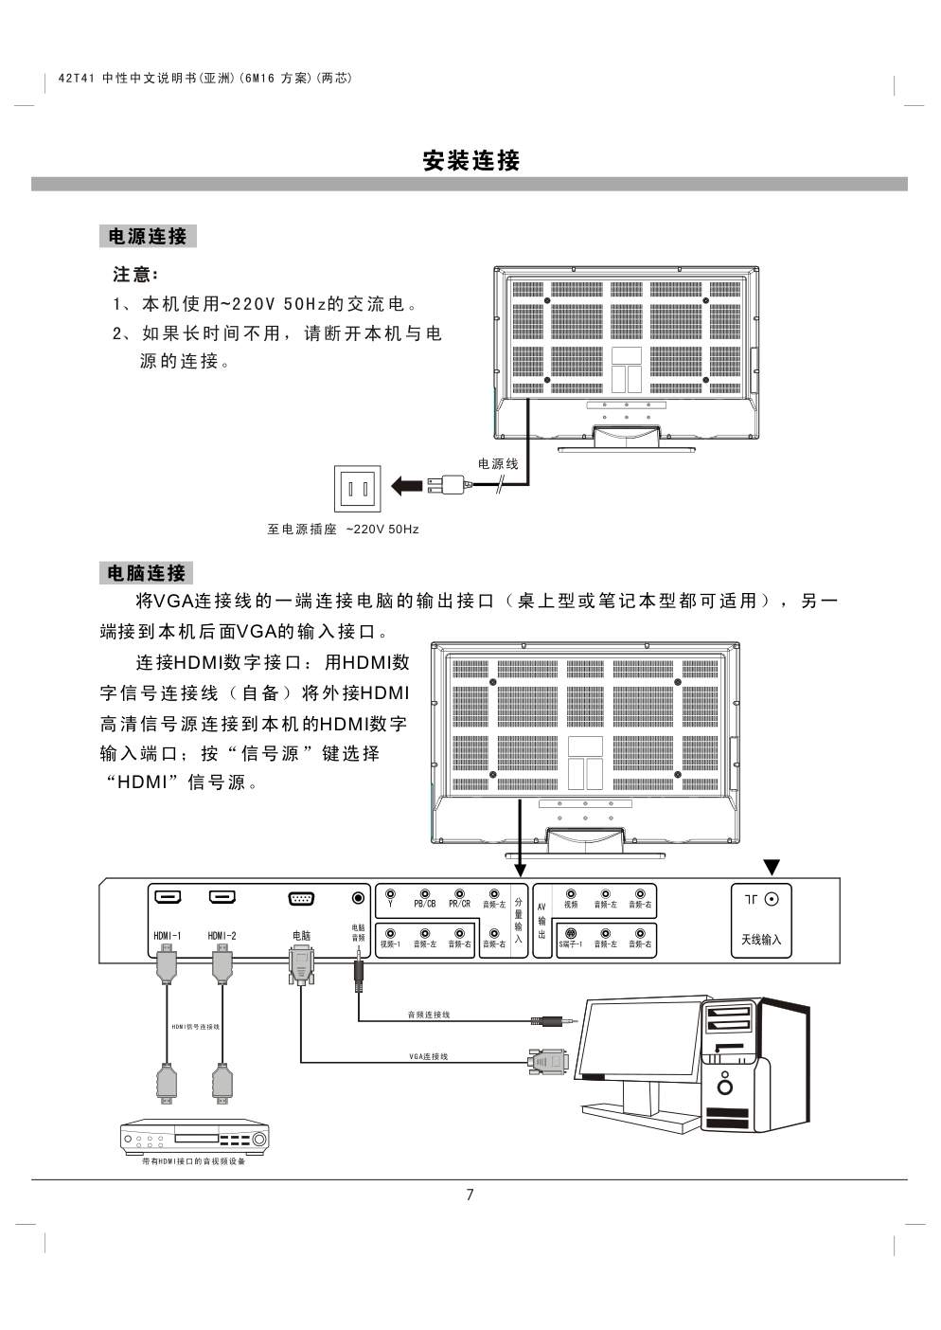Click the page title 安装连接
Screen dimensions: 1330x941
470,160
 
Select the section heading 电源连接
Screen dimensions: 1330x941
148,236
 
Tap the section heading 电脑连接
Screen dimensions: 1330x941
146,572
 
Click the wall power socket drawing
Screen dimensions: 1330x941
357,489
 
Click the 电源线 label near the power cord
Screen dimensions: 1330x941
497,463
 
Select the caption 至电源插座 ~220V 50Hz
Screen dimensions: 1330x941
343,529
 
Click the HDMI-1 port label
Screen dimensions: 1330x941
168,936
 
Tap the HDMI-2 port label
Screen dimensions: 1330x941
222,936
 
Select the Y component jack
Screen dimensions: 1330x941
390,893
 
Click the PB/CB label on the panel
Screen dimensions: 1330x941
425,904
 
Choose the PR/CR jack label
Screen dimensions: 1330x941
459,904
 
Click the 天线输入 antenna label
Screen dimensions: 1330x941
761,940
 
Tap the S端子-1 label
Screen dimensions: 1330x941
570,944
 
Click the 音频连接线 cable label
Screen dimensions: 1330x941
429,1015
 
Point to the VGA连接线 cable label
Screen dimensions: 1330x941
429,1056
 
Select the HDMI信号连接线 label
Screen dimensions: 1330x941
195,1027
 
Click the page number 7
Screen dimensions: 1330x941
470,1195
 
